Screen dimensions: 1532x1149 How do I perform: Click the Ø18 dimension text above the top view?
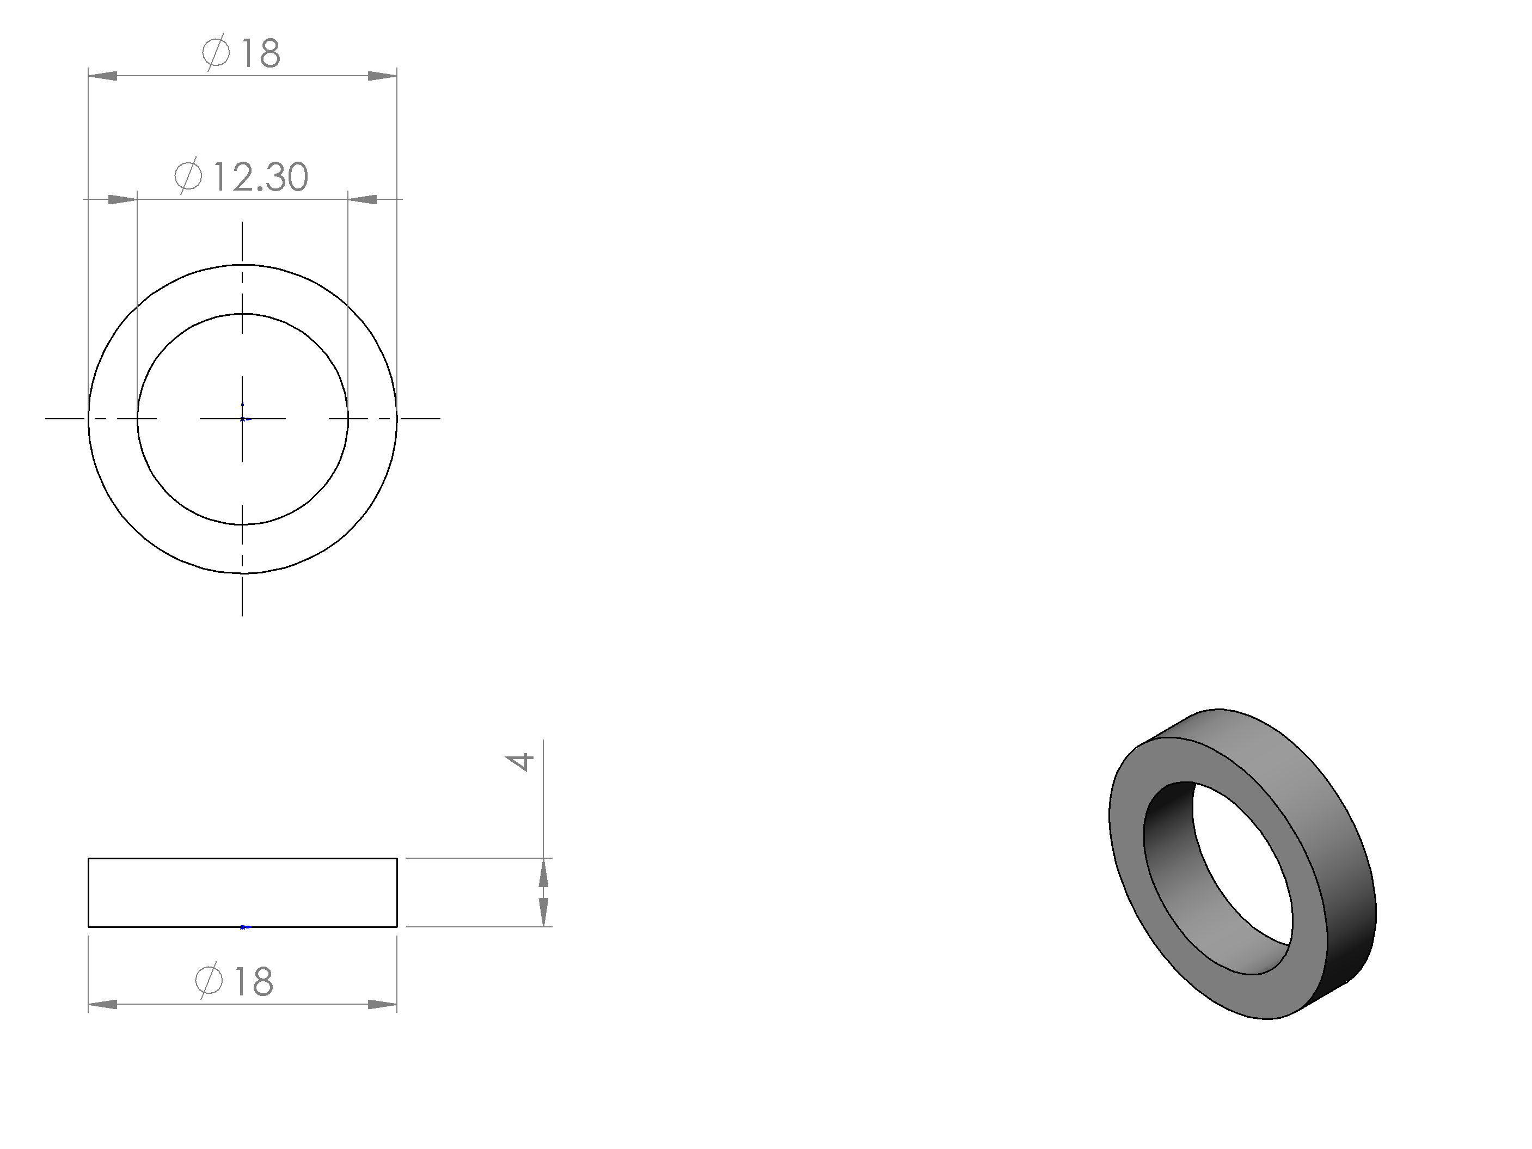click(x=241, y=53)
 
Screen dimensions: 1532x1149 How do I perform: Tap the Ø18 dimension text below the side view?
click(x=234, y=981)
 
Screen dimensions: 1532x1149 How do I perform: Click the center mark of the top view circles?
click(x=242, y=419)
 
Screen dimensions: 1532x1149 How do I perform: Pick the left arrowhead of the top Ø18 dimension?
click(x=102, y=76)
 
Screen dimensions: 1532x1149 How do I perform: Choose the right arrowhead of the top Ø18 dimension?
click(x=382, y=76)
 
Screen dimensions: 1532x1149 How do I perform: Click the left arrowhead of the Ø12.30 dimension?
click(x=122, y=199)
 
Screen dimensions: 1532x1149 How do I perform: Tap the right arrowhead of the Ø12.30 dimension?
click(x=362, y=199)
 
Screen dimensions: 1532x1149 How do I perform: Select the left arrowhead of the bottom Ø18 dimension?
click(x=102, y=1004)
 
